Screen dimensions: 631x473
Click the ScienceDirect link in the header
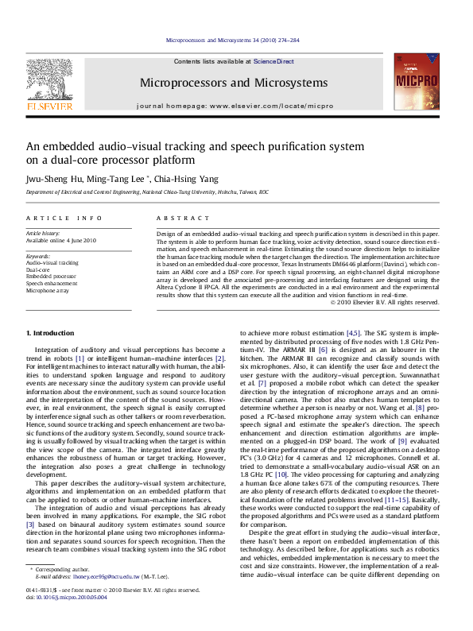[273, 61]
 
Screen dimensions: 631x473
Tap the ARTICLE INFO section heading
[64, 218]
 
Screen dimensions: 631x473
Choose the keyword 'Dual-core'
[38, 269]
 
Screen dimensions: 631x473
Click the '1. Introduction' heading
[51, 332]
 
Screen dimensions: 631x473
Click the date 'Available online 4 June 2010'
[61, 240]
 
